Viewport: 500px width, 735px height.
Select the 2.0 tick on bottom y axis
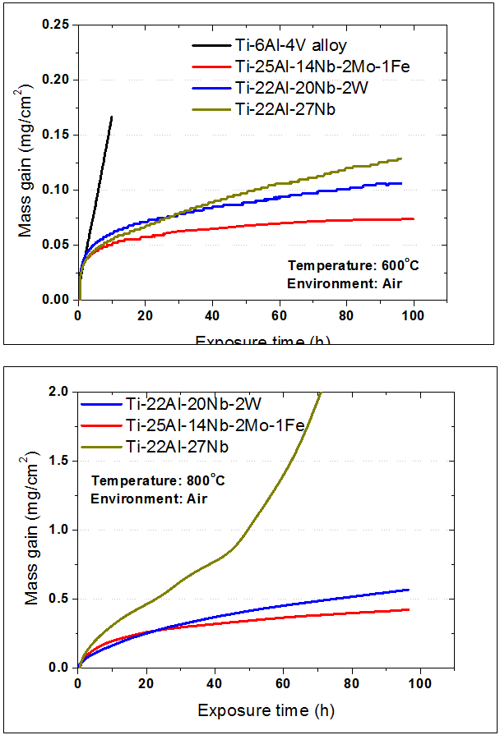[60, 392]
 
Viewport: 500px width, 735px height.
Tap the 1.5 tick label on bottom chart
[60, 461]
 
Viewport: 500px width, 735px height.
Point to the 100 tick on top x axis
[413, 316]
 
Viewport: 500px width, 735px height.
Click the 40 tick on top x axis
[212, 316]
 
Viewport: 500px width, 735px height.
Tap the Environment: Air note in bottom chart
[137, 498]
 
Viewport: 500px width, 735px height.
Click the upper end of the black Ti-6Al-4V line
[112, 117]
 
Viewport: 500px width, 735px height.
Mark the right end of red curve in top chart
[413, 218]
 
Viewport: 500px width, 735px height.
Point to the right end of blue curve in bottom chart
[408, 590]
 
